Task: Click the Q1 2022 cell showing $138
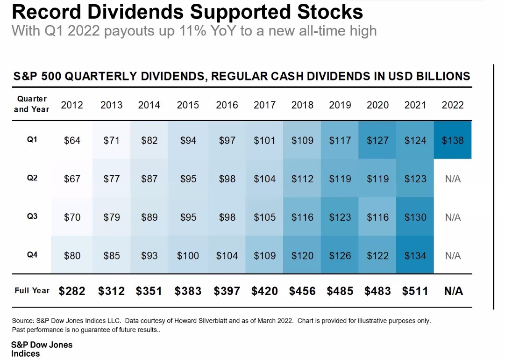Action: pos(453,140)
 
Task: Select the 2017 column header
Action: pos(264,105)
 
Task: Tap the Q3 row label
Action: pos(32,216)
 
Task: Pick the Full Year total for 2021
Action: pos(415,291)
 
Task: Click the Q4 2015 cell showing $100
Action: pos(188,256)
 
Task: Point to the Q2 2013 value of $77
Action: pos(111,179)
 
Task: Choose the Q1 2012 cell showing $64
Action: pos(72,140)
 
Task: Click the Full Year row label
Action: pos(32,290)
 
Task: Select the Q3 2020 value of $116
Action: pos(377,217)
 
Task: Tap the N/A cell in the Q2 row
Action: pos(453,179)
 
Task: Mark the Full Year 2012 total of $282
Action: pos(72,291)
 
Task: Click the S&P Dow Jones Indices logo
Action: pos(42,349)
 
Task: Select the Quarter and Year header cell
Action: pos(32,104)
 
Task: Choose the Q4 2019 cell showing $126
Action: pos(340,256)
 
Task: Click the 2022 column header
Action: pos(453,105)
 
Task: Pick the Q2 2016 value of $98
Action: pos(227,179)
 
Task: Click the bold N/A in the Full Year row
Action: pos(453,291)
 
